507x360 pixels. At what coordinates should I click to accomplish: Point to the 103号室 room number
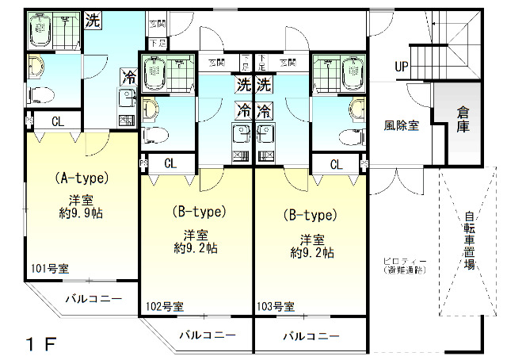tap(276, 306)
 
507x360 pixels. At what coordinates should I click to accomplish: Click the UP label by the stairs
tap(402, 67)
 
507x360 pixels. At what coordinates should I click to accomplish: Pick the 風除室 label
tap(402, 124)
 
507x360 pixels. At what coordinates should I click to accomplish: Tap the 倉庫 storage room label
tap(463, 118)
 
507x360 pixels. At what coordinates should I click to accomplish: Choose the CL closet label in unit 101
tap(58, 121)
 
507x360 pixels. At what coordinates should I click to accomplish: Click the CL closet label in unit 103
tap(337, 164)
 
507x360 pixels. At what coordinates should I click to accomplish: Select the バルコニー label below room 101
tap(93, 299)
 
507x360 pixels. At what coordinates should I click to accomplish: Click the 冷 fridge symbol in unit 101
tap(127, 77)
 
